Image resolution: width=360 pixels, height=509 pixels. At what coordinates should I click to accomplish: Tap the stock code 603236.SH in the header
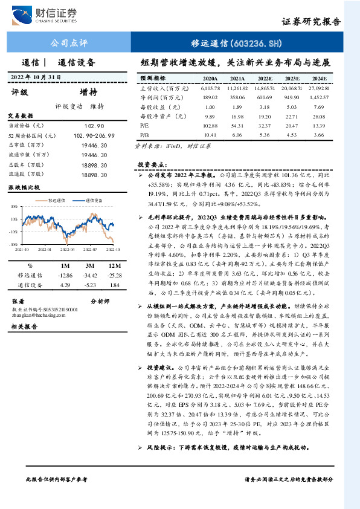coord(254,44)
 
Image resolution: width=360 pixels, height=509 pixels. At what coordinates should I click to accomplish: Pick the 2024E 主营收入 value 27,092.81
coord(318,88)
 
